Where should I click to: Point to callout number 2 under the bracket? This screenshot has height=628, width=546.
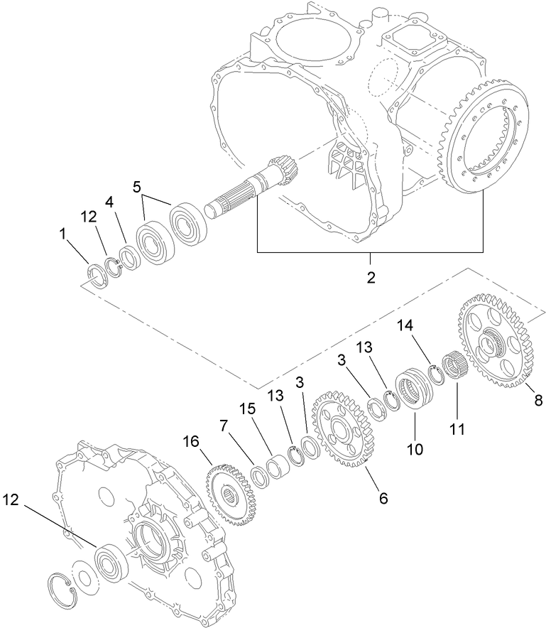pos(370,277)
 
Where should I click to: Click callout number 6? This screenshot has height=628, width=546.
pos(383,498)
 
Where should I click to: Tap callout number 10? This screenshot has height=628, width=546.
pos(415,449)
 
